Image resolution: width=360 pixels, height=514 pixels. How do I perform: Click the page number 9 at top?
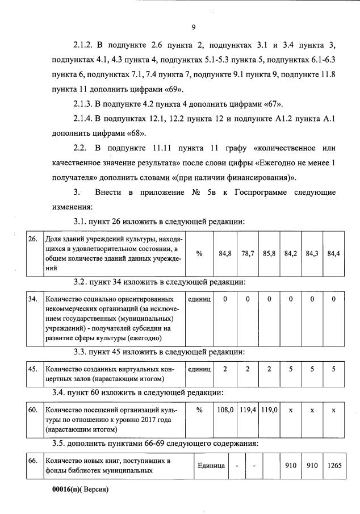[194, 27]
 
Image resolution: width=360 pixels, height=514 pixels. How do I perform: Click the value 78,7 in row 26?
[248, 253]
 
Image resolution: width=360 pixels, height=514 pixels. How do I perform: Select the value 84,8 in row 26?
[225, 253]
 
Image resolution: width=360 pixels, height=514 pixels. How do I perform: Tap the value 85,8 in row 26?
[269, 253]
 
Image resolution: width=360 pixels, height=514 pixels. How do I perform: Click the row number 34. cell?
[33, 299]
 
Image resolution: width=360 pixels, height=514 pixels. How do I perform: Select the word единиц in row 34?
[199, 299]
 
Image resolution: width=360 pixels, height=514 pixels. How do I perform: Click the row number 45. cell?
[33, 369]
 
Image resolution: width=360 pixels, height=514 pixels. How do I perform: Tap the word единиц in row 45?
[199, 369]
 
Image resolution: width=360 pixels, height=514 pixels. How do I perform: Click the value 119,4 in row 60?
[248, 409]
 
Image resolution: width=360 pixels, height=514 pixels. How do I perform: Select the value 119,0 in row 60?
[269, 409]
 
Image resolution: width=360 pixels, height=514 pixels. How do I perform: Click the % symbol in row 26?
[199, 253]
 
